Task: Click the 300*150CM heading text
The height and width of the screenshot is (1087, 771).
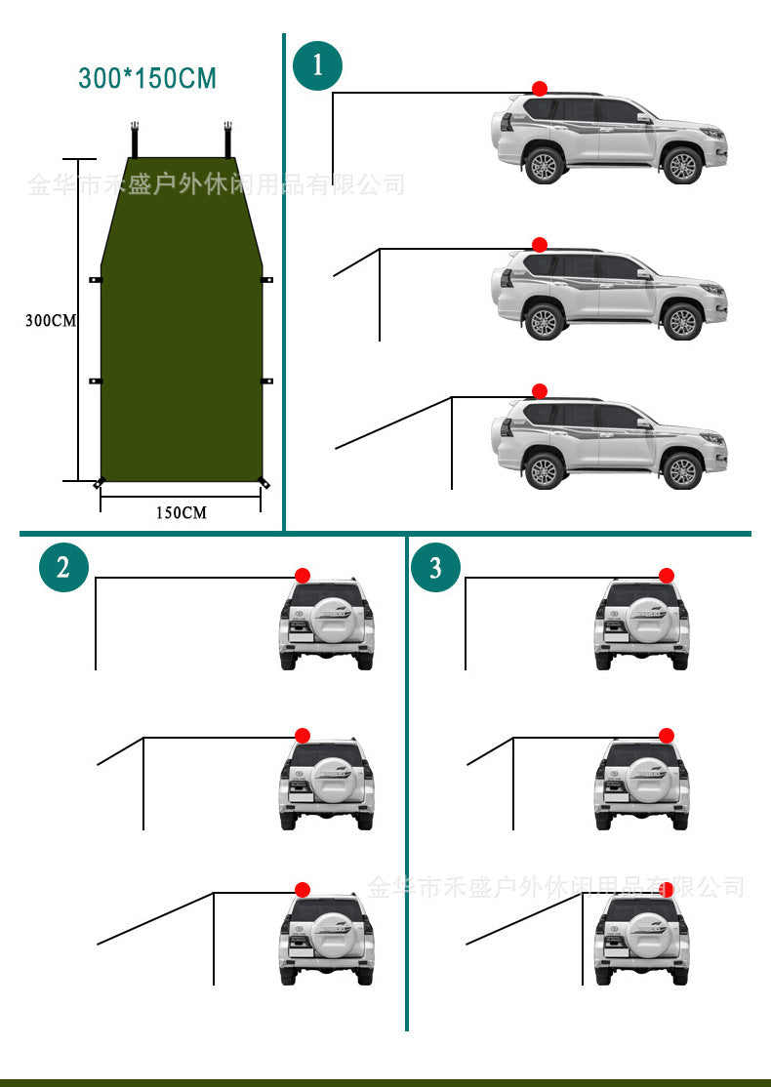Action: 147,78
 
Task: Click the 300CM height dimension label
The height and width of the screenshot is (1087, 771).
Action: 51,320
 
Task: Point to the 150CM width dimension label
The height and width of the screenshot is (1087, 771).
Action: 181,512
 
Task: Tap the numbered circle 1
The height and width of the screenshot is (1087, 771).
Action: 317,66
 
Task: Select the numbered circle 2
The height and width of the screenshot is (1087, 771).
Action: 63,567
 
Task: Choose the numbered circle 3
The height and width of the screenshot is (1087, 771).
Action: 435,567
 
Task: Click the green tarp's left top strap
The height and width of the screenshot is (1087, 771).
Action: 137,139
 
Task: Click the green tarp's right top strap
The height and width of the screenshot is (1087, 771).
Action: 228,139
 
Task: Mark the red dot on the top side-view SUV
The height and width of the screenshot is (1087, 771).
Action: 540,89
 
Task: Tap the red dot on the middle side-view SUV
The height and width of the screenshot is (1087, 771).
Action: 540,244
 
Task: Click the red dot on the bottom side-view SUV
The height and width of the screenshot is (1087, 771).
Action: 540,391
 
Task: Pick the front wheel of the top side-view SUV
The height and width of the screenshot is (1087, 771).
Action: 682,165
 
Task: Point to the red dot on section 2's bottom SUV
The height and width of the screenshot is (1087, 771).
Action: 303,889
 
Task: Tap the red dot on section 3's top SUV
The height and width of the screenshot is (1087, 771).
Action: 667,576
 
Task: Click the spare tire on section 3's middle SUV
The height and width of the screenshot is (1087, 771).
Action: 641,779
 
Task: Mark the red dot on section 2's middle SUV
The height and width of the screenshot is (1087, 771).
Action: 303,735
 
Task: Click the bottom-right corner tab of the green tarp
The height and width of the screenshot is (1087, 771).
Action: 263,482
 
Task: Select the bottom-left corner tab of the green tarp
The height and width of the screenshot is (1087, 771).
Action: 99,483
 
